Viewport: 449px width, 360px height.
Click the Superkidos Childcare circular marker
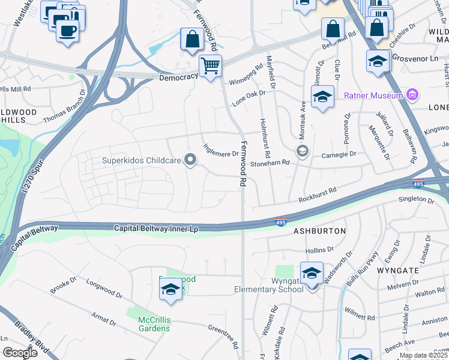tap(190, 160)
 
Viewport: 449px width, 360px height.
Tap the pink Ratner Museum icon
tap(412, 95)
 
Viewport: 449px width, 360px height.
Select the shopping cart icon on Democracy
tap(210, 65)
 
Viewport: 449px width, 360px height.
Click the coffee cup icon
tap(68, 29)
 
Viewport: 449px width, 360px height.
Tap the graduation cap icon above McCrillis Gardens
tap(170, 289)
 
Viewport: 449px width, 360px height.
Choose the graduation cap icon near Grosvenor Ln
tap(378, 61)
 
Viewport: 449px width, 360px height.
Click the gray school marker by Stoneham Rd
tap(302, 151)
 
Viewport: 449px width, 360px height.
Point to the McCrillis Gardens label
tap(154, 323)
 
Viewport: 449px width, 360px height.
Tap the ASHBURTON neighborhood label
tap(319, 231)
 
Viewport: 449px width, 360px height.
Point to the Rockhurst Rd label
tap(317, 195)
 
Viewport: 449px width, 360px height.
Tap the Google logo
tap(19, 352)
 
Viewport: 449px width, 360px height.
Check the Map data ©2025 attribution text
tap(423, 355)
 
